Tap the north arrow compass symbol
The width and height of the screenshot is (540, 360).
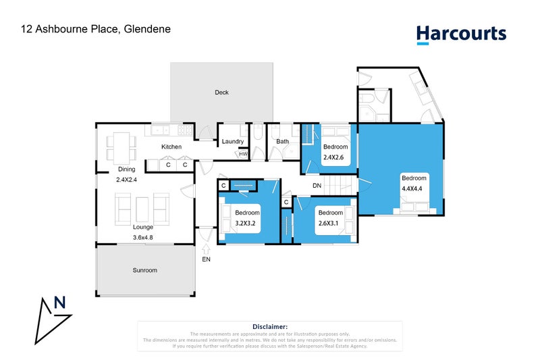click(x=54, y=317)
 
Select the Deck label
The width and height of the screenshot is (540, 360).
click(x=221, y=93)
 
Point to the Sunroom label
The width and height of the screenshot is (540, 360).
click(x=144, y=270)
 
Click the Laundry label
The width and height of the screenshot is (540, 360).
click(x=232, y=141)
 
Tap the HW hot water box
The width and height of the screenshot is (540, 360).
click(x=242, y=154)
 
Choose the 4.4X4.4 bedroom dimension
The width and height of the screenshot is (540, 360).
click(x=412, y=189)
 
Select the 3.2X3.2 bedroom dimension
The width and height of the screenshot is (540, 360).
click(x=247, y=222)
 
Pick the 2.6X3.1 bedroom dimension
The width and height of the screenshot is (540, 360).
click(x=330, y=222)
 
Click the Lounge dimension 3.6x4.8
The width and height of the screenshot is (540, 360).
click(x=144, y=237)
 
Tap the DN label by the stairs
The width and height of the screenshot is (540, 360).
click(x=317, y=185)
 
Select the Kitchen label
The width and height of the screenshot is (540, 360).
click(x=171, y=147)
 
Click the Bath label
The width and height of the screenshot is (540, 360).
click(x=282, y=141)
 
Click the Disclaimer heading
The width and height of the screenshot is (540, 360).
click(x=270, y=326)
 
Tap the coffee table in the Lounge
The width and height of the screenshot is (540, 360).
click(x=142, y=208)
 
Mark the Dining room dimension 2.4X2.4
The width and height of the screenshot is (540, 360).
click(x=126, y=180)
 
